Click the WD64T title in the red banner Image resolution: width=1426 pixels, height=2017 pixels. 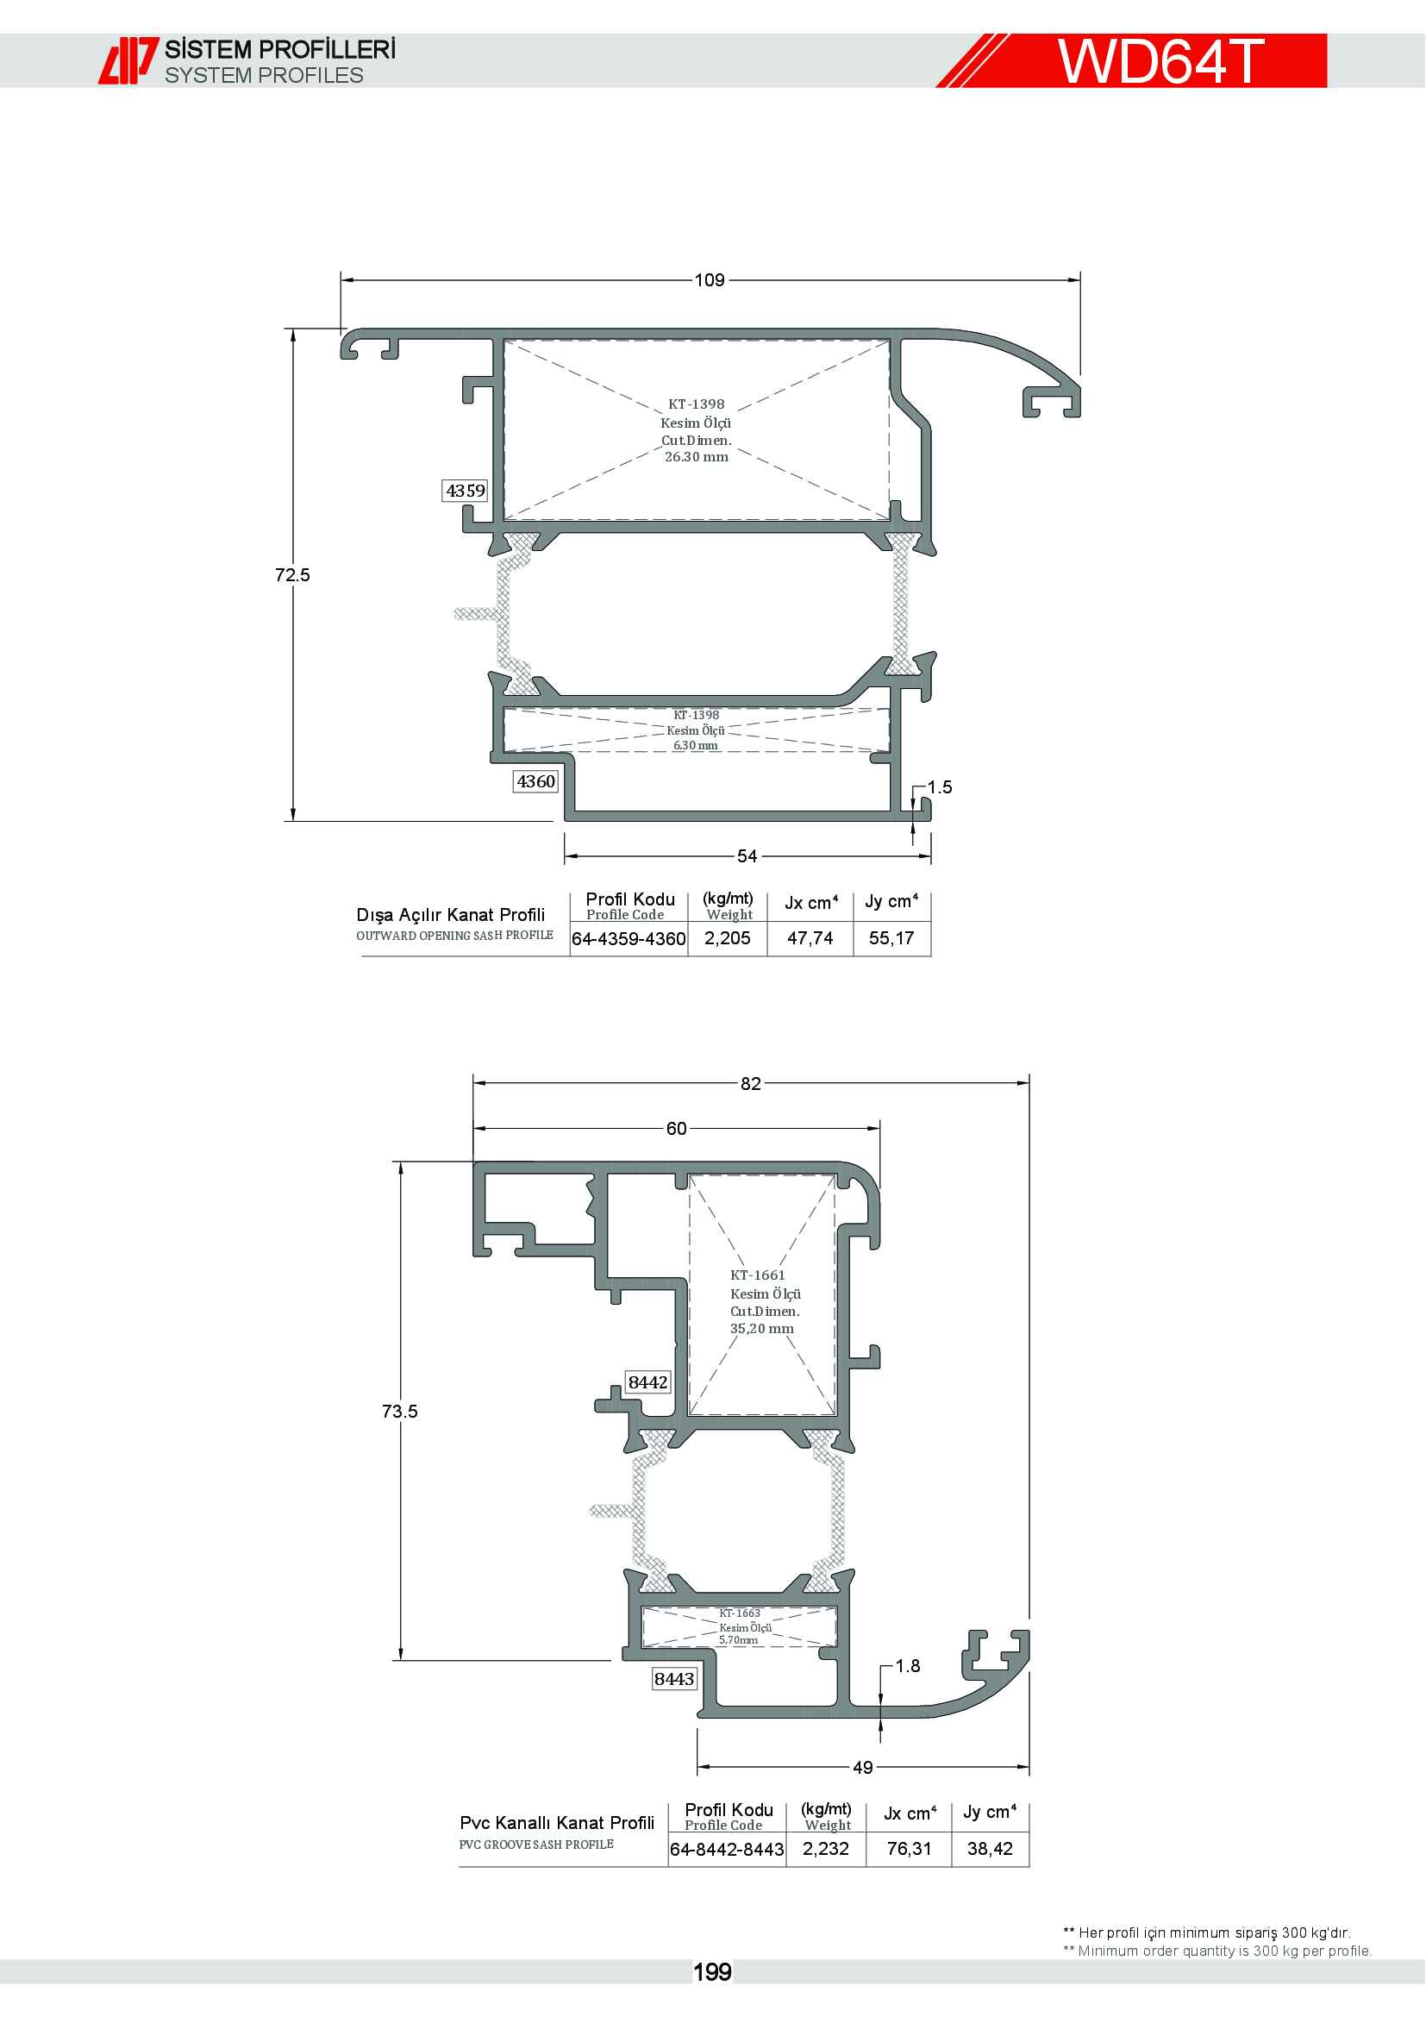(1160, 61)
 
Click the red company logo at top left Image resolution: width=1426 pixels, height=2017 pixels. (128, 60)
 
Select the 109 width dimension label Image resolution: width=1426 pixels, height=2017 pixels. (710, 280)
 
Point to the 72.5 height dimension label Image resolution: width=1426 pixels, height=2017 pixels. (292, 574)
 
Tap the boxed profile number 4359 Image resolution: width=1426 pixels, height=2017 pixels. (466, 490)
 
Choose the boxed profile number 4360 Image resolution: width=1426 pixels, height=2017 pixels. (535, 781)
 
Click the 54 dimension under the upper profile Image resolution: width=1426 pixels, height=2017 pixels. (747, 855)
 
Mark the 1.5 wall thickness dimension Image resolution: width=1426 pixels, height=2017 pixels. (940, 787)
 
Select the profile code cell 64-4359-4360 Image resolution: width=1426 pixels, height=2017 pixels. (629, 938)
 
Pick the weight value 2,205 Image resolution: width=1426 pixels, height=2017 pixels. (727, 938)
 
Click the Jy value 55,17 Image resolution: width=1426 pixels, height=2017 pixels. (891, 938)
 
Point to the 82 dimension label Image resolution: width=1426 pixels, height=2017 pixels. (751, 1083)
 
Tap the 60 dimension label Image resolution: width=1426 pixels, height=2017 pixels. (676, 1128)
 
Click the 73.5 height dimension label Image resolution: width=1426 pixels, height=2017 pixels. (399, 1411)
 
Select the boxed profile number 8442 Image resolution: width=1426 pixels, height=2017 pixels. (648, 1381)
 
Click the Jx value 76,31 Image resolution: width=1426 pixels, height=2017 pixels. (909, 1848)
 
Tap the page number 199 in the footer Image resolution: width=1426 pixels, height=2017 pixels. (712, 1972)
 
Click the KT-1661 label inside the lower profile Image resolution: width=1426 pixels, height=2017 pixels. (758, 1275)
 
